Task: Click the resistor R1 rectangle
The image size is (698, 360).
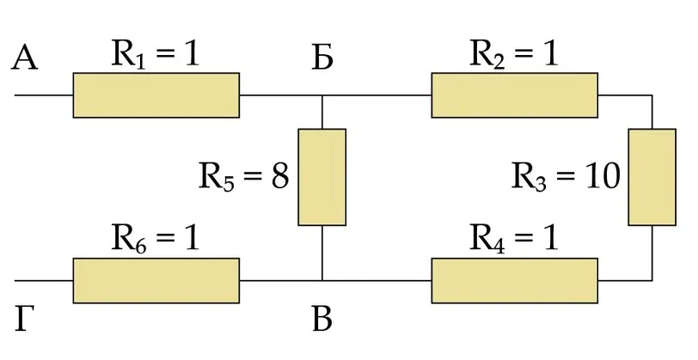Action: click(156, 95)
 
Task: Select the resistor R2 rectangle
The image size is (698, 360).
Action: click(515, 95)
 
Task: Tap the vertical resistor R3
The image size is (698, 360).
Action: click(652, 177)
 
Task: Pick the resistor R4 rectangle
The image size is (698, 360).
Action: click(515, 281)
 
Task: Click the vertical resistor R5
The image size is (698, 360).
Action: click(321, 177)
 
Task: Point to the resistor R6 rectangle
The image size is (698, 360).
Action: click(156, 281)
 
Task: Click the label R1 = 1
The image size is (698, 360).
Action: click(155, 56)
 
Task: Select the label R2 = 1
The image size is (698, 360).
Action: click(514, 56)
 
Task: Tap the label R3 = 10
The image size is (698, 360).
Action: click(566, 176)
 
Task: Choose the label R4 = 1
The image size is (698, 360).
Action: click(514, 240)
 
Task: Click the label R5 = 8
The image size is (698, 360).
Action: click(243, 176)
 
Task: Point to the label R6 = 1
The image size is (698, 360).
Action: click(155, 240)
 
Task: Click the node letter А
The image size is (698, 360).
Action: click(24, 58)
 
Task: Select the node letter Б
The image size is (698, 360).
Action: click(322, 58)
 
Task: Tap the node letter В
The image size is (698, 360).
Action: click(322, 320)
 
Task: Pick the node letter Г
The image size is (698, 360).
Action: click(24, 320)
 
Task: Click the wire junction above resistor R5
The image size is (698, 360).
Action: click(321, 95)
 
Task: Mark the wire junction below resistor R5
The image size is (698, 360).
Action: click(321, 281)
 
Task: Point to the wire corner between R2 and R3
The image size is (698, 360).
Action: click(652, 95)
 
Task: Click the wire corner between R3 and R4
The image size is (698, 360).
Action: click(652, 281)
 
